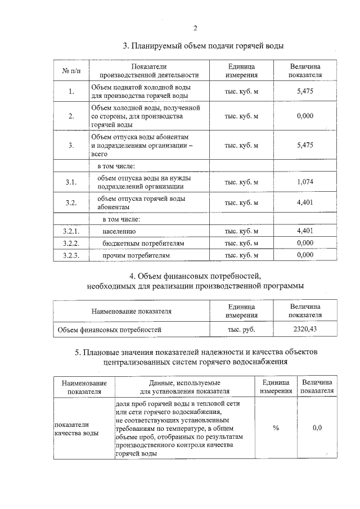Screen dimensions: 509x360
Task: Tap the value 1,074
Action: pos(305,182)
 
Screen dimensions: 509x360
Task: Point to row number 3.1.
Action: pos(71,182)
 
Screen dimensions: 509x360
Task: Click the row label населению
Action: pos(119,231)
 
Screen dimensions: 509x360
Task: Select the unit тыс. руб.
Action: pos(241,330)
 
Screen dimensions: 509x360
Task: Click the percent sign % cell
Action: pos(276,428)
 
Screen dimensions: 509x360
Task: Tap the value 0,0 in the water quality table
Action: pos(317,428)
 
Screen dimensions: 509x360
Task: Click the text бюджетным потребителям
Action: pos(143,244)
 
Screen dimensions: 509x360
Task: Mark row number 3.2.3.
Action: pos(71,255)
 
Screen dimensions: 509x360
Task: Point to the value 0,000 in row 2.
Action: pos(305,116)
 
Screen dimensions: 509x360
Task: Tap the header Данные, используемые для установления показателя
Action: pos(184,386)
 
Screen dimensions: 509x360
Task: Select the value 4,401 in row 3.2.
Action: pos(305,202)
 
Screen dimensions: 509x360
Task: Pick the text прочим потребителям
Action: pos(136,255)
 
